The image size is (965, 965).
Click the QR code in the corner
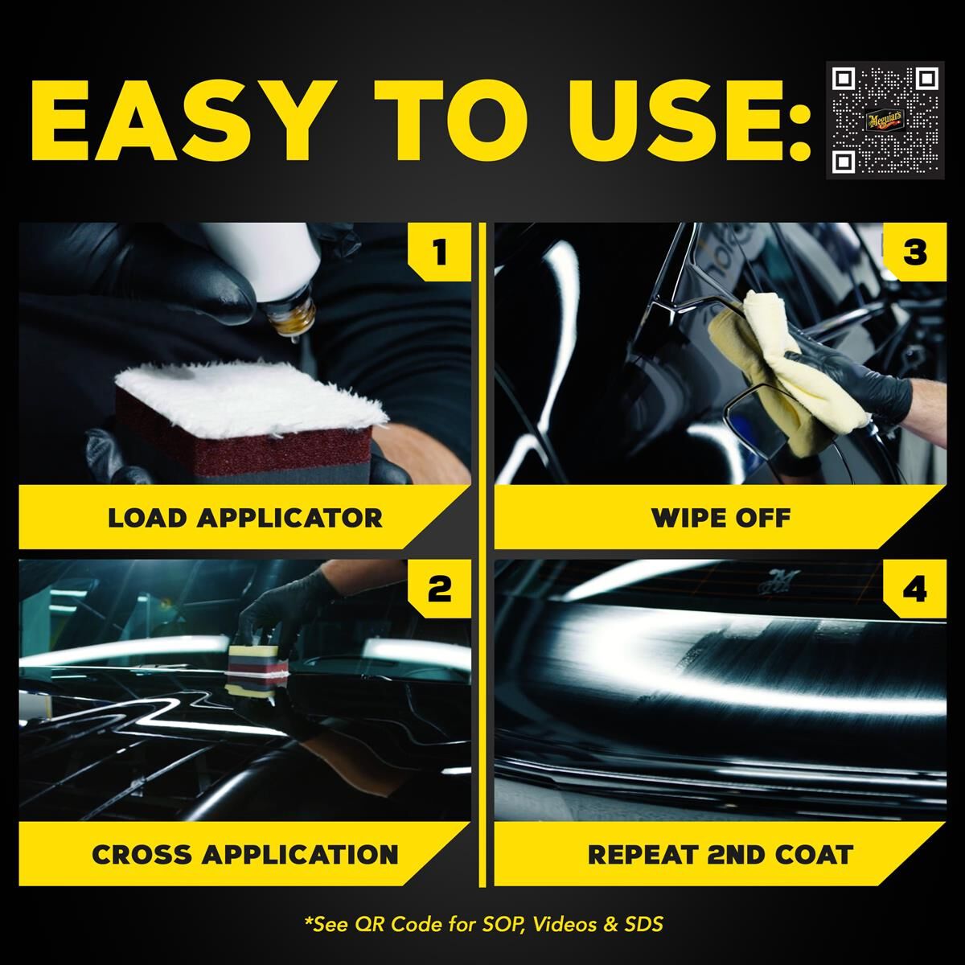885,121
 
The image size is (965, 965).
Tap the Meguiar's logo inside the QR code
885,122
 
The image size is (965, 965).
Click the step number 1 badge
439,253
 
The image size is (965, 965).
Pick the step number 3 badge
914,253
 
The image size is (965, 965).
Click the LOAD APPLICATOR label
245,518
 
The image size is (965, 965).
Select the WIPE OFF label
721,518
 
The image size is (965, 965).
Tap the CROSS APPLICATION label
245,854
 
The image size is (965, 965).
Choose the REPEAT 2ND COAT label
721,854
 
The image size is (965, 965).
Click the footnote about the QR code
484,924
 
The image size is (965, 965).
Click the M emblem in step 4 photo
779,580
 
